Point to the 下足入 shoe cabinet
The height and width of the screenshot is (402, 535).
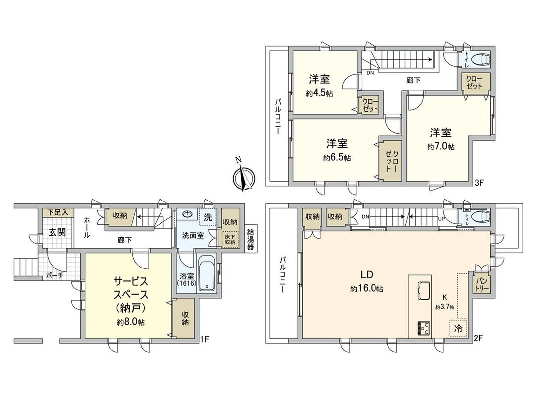(57, 212)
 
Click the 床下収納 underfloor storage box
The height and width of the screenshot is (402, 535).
(229, 238)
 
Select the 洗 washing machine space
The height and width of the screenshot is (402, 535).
(208, 216)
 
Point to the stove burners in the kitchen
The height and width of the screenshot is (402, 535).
(425, 328)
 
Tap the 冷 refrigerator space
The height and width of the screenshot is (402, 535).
(458, 329)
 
